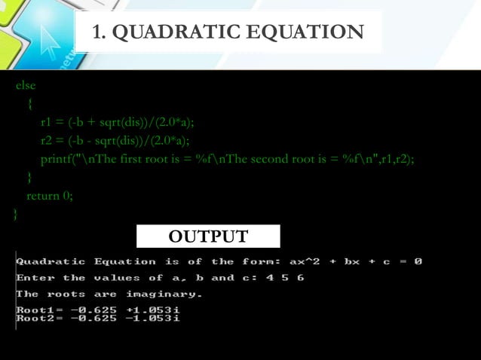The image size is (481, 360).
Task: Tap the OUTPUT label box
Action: tap(208, 236)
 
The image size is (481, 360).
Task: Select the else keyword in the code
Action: tap(26, 86)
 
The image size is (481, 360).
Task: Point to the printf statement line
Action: tap(227, 158)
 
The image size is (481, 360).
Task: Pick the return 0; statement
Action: tap(50, 196)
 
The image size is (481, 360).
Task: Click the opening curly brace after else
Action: tap(29, 104)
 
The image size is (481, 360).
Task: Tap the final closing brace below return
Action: tap(16, 214)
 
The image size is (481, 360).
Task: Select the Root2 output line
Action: tap(98, 319)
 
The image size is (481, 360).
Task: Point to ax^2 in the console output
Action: tap(305, 261)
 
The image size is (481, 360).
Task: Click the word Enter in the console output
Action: tap(35, 278)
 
